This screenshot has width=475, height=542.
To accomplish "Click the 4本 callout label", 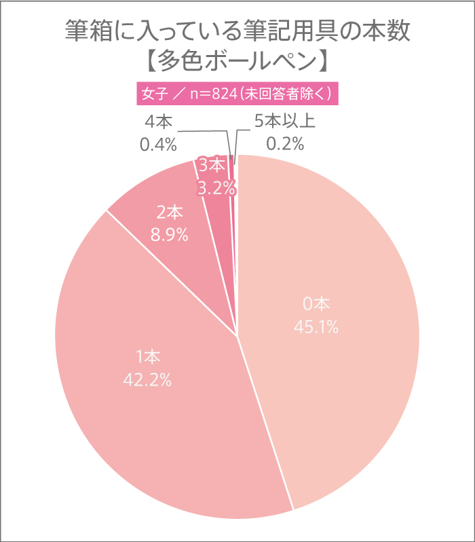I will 159,122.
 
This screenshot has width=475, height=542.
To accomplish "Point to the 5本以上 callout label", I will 285,122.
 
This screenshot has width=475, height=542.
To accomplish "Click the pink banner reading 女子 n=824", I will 237,93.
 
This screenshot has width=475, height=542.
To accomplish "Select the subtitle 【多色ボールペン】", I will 237,61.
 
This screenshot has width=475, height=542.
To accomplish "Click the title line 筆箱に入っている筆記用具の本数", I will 237,31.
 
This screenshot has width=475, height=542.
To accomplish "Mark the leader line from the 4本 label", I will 204,131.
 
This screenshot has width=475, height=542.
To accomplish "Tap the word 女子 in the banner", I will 154,93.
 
